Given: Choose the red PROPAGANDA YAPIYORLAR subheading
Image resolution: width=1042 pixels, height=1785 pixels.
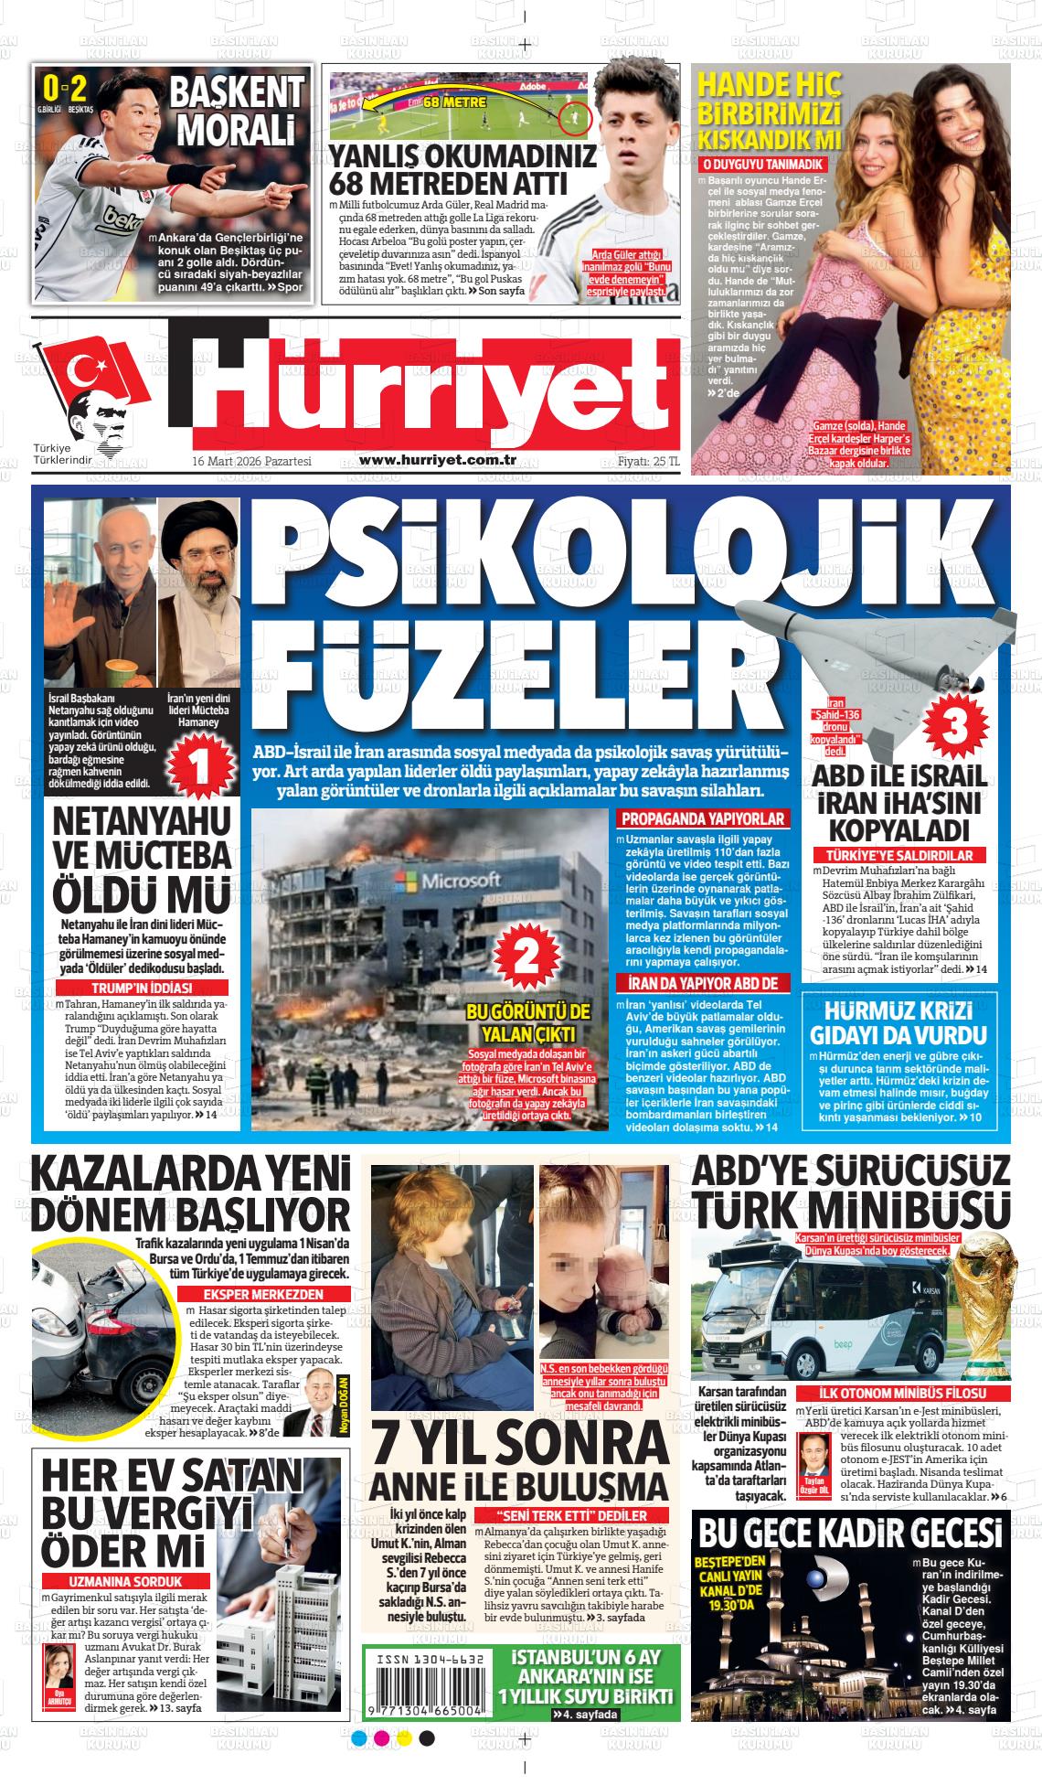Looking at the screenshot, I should point(702,819).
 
